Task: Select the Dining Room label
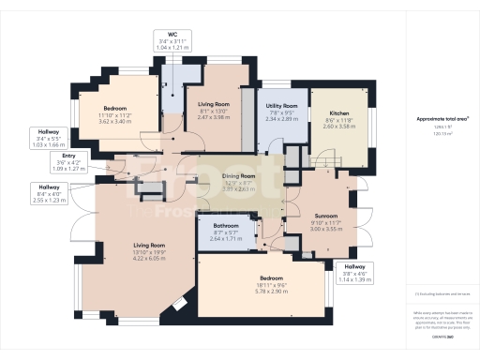[x=237, y=176]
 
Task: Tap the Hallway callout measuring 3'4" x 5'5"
[x=46, y=132]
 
